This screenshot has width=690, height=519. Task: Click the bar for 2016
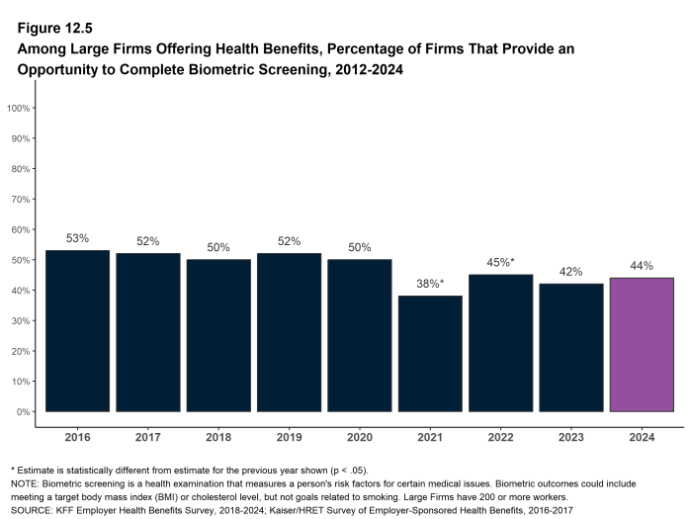pos(77,331)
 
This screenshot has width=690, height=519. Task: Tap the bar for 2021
pos(430,353)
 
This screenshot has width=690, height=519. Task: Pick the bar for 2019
pos(289,332)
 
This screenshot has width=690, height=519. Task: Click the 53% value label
pos(77,238)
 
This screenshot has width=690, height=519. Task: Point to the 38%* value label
pos(430,284)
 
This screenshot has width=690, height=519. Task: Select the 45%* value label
pos(500,262)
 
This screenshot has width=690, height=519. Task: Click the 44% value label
pos(642,266)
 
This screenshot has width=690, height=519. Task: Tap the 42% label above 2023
pos(571,272)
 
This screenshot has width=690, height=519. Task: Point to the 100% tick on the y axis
pos(19,107)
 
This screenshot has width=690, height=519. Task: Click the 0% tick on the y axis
pos(24,411)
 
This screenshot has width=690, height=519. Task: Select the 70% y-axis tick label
pos(21,199)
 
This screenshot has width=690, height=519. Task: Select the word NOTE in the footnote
pos(26,483)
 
